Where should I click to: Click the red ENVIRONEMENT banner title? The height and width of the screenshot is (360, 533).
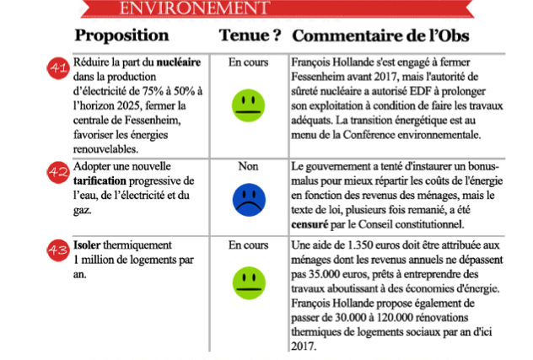pyautogui.click(x=187, y=8)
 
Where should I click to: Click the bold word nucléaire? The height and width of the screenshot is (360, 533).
pyautogui.click(x=180, y=62)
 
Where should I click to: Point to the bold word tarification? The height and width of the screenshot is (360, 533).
pyautogui.click(x=103, y=181)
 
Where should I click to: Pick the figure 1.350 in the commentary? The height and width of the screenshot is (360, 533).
pyautogui.click(x=358, y=244)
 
